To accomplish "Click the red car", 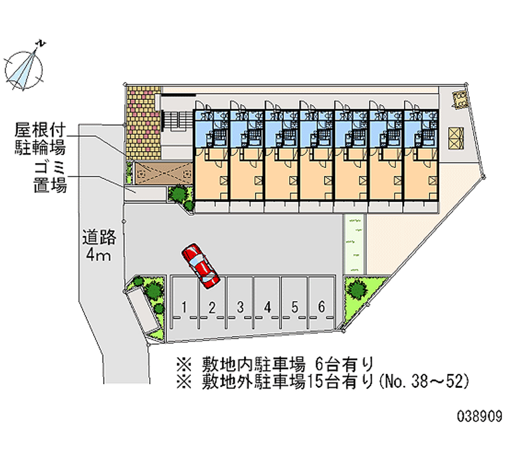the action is pos(201,266).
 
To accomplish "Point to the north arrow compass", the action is pos(24,67).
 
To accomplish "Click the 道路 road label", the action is pos(99,237).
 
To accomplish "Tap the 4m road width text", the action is pos(99,255).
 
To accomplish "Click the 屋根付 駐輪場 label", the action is pos(40,139).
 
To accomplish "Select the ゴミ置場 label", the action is pos(50,177).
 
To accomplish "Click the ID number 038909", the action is pos(479,416).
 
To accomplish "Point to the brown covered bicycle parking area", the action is pos(164,173).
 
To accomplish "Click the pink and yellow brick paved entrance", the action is pos(144,123).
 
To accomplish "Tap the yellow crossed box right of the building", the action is pos(455,138).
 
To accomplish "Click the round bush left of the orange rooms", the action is pos(178,194).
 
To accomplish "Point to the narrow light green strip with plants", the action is pos(354,244).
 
